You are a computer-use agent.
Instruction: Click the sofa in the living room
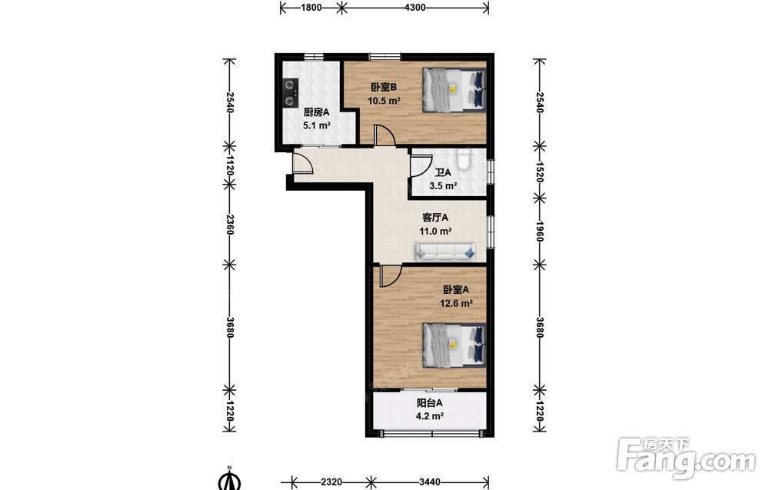click(x=446, y=252)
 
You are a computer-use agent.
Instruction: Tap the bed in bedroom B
click(x=454, y=90)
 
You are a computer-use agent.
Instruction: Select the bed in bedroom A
click(x=454, y=345)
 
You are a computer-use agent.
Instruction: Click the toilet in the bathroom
click(x=463, y=158)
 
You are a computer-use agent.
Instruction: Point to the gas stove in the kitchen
click(x=291, y=93)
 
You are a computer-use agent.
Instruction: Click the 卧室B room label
click(x=384, y=88)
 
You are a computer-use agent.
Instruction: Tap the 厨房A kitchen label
click(x=316, y=112)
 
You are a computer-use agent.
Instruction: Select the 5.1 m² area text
click(x=316, y=125)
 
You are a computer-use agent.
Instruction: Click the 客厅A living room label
click(x=435, y=217)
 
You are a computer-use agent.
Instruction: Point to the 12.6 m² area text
click(x=456, y=303)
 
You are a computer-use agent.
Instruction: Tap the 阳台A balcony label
click(x=430, y=403)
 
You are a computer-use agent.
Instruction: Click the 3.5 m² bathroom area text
click(x=444, y=186)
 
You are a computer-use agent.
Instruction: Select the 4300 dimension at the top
click(x=415, y=8)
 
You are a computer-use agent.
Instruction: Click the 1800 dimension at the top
click(x=311, y=8)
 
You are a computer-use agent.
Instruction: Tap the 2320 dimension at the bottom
click(x=331, y=482)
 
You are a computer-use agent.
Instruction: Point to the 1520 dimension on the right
click(x=540, y=172)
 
